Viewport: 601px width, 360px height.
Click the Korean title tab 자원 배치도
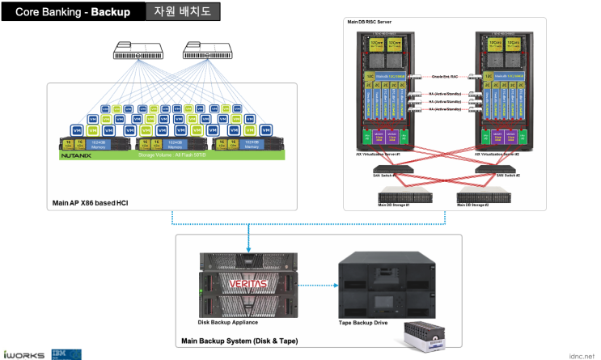click(x=182, y=12)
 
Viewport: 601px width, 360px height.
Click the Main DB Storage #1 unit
click(x=400, y=196)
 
